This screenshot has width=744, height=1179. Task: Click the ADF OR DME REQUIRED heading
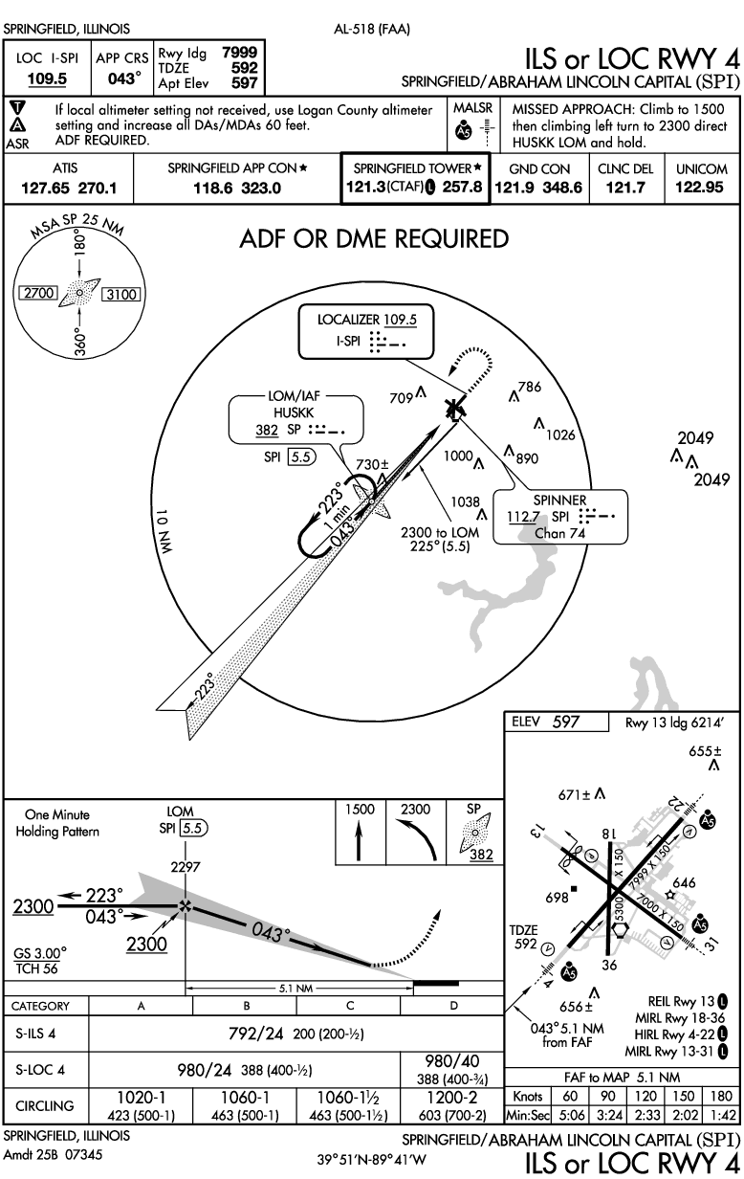pyautogui.click(x=373, y=238)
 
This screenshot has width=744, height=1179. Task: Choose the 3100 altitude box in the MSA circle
pyautogui.click(x=121, y=294)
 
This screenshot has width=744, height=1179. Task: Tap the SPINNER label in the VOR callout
pyautogui.click(x=560, y=501)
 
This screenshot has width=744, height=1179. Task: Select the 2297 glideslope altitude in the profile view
pyautogui.click(x=184, y=868)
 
